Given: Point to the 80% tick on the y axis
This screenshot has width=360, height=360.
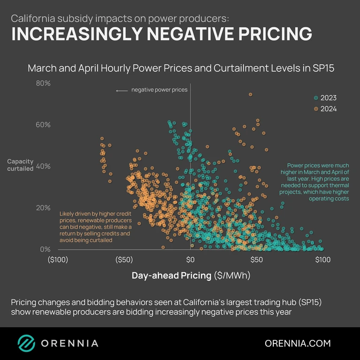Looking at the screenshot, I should coord(43,83).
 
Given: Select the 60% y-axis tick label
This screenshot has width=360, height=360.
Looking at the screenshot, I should coord(43,125).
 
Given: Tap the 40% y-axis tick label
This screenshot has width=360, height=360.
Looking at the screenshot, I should coord(43,166).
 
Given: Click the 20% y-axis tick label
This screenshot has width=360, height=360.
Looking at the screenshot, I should coord(43,208).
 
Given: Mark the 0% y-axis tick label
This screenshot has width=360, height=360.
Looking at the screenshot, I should coord(45,249).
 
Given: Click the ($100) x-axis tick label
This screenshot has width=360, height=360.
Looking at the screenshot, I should coord(58,260).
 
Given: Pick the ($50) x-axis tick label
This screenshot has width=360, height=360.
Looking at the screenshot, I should coord(124,260).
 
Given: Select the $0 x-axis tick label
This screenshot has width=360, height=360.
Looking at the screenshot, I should coord(190,260).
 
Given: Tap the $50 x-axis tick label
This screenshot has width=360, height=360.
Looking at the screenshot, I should coord(256,260).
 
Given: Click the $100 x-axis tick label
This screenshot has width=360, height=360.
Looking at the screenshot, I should coord(322,260).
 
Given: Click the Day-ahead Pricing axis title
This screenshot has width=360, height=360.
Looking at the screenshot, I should coord(171,275).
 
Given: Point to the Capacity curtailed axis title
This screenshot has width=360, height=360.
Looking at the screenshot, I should coord(20,165).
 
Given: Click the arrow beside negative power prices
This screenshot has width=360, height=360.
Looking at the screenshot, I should coord(122,90).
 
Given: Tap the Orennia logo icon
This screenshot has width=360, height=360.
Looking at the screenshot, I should coord(26,343).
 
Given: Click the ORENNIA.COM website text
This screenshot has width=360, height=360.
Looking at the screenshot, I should coord(298,343).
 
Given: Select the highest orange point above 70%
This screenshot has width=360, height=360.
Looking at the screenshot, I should coord(250,94).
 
